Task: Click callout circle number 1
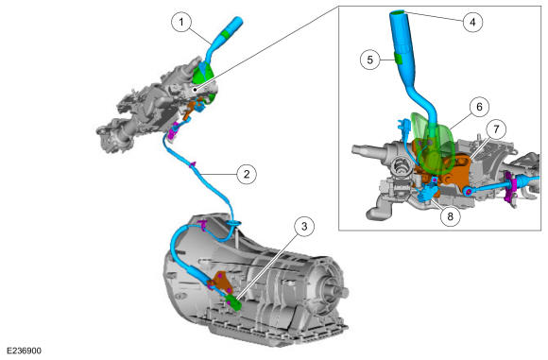181,23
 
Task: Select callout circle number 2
247,174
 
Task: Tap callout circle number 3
304,227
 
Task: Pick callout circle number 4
472,22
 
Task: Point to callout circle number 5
369,60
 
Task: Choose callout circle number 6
479,107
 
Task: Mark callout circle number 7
496,129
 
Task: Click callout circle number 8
450,216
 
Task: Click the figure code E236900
25,351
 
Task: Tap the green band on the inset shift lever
399,58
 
